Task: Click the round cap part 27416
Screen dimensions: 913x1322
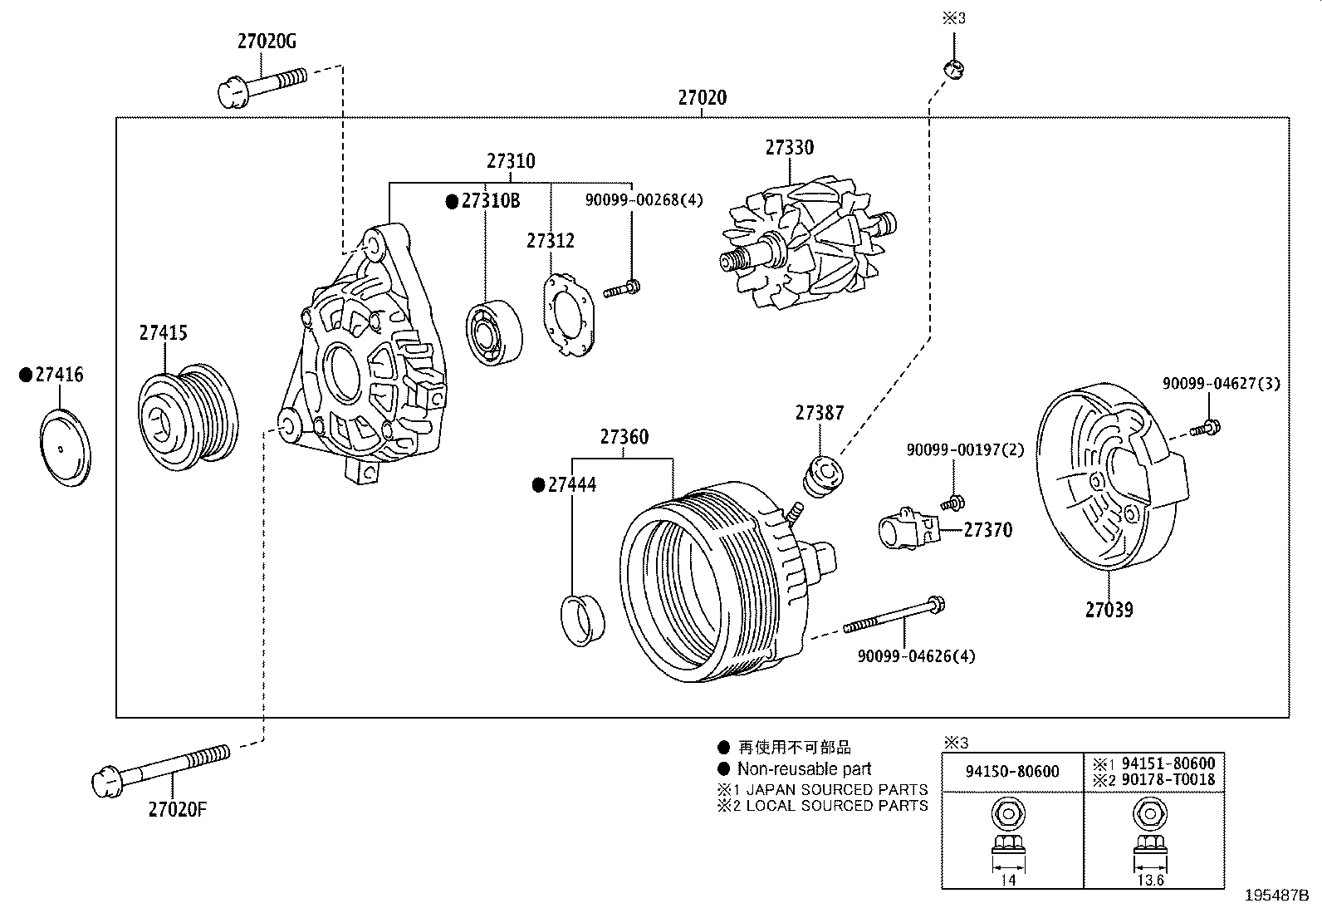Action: click(x=65, y=449)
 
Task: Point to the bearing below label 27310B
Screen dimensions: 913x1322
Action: click(x=494, y=331)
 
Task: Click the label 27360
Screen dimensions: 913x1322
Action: click(x=624, y=437)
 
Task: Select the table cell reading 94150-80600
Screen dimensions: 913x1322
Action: click(x=1012, y=772)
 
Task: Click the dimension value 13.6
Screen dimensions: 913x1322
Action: click(x=1149, y=881)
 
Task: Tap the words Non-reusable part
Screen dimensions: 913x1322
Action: click(x=804, y=769)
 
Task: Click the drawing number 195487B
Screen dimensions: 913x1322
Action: click(x=1276, y=896)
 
